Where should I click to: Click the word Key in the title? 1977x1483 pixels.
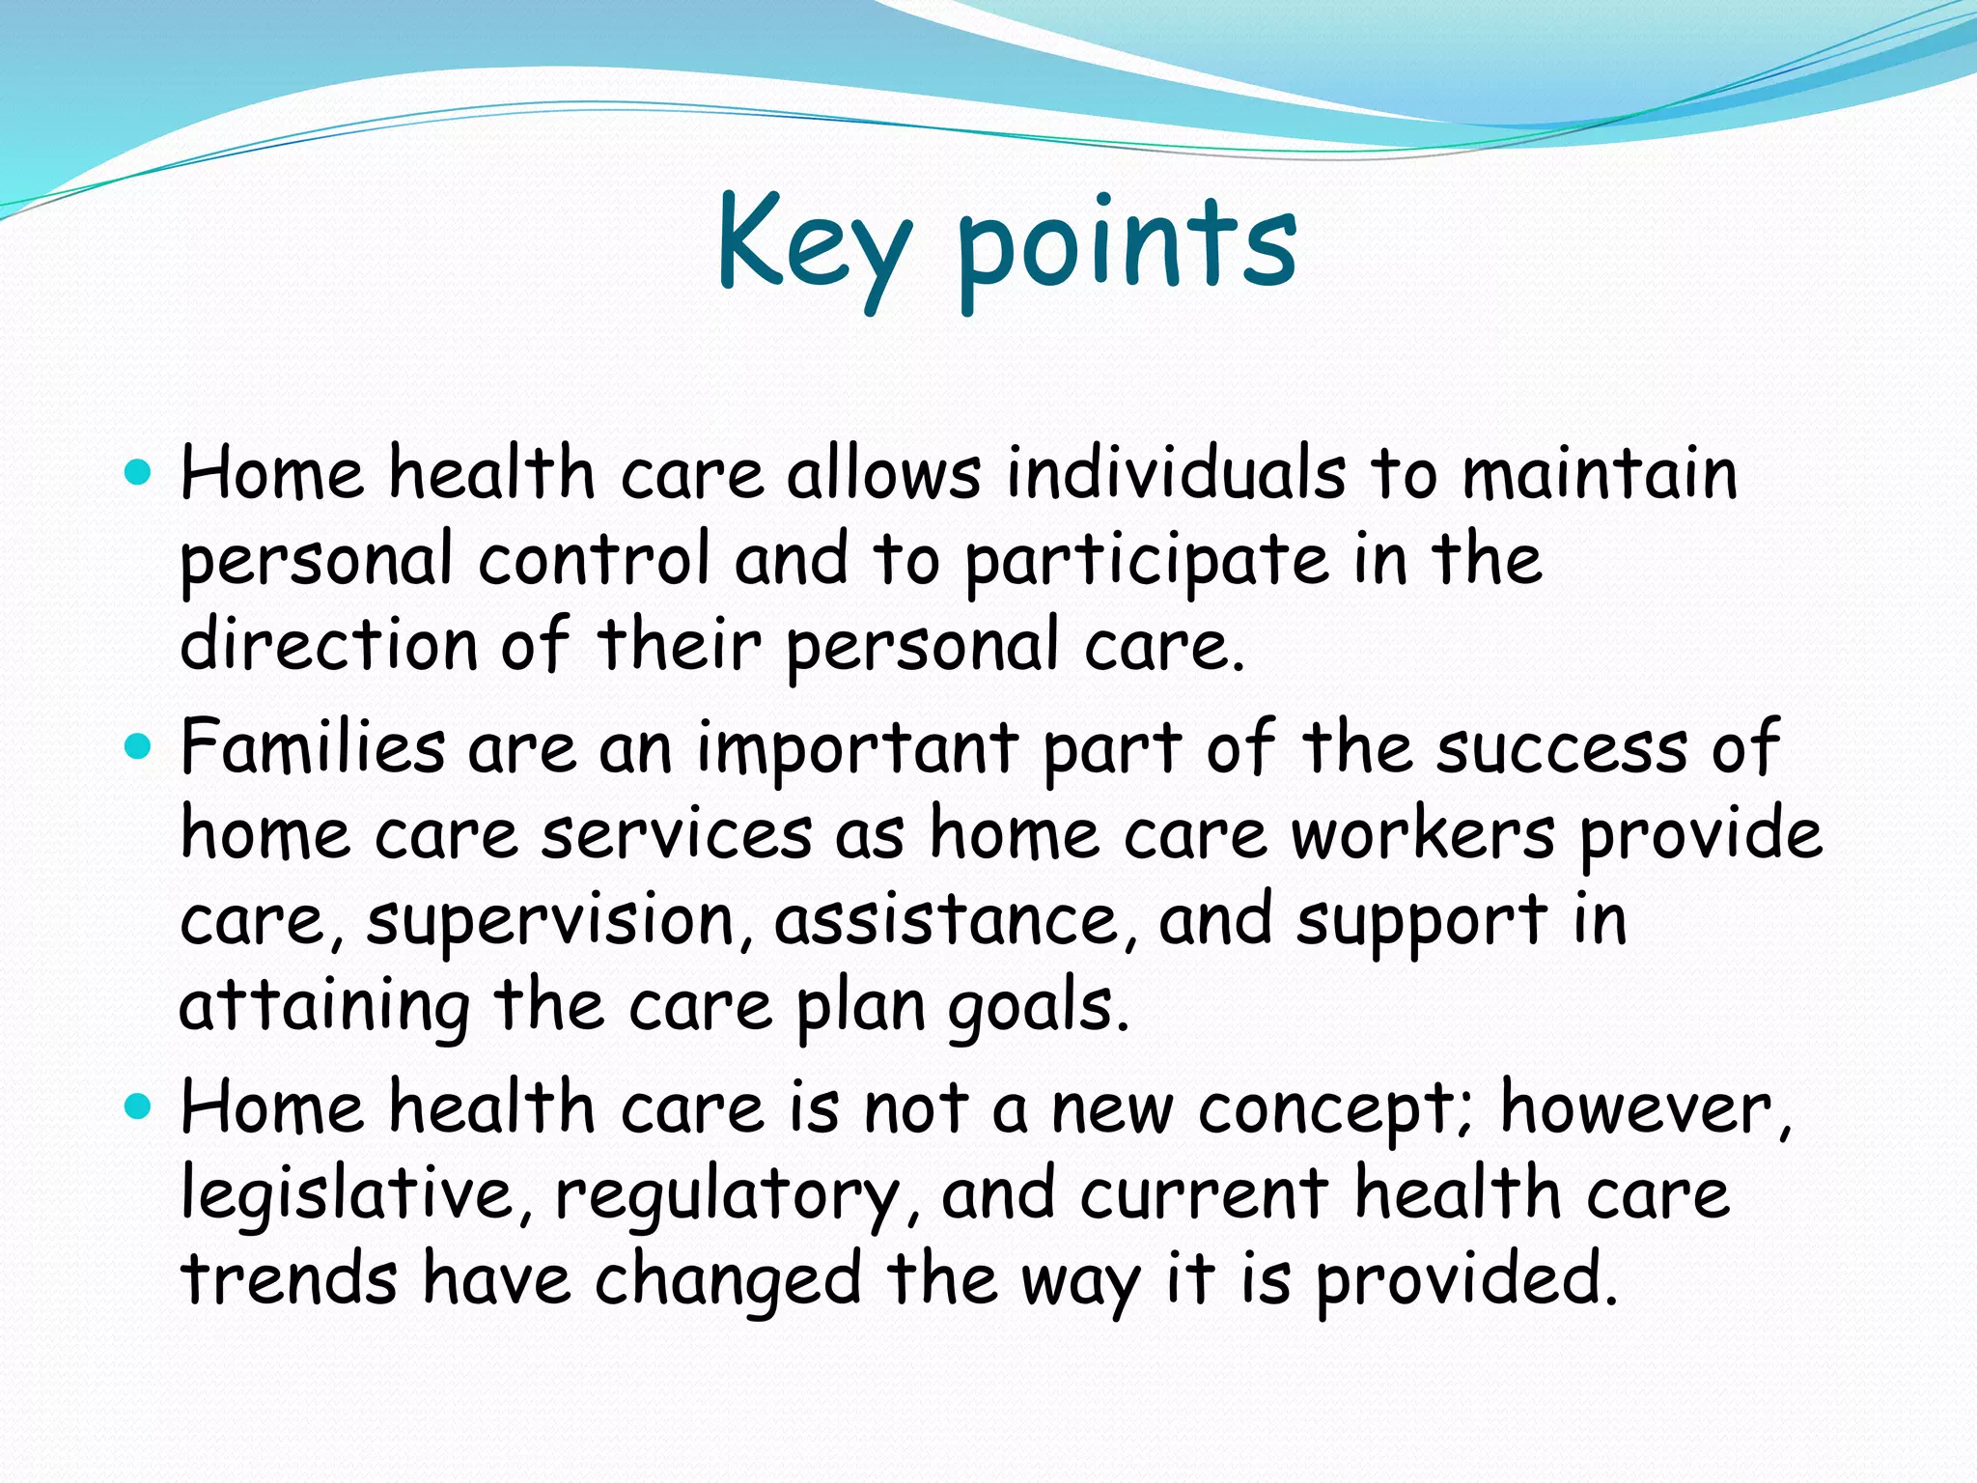(x=813, y=243)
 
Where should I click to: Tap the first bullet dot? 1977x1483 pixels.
(x=139, y=473)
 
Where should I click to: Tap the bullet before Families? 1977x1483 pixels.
(x=139, y=746)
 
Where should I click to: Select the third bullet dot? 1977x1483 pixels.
(x=139, y=1106)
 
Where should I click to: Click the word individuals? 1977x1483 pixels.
(x=1175, y=474)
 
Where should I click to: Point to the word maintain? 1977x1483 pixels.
(x=1600, y=474)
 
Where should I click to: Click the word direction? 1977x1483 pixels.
(x=329, y=645)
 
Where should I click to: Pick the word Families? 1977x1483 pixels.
(x=313, y=747)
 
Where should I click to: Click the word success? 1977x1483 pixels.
(x=1562, y=748)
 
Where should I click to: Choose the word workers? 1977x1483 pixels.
(x=1423, y=834)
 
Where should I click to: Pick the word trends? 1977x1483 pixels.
(x=289, y=1279)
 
